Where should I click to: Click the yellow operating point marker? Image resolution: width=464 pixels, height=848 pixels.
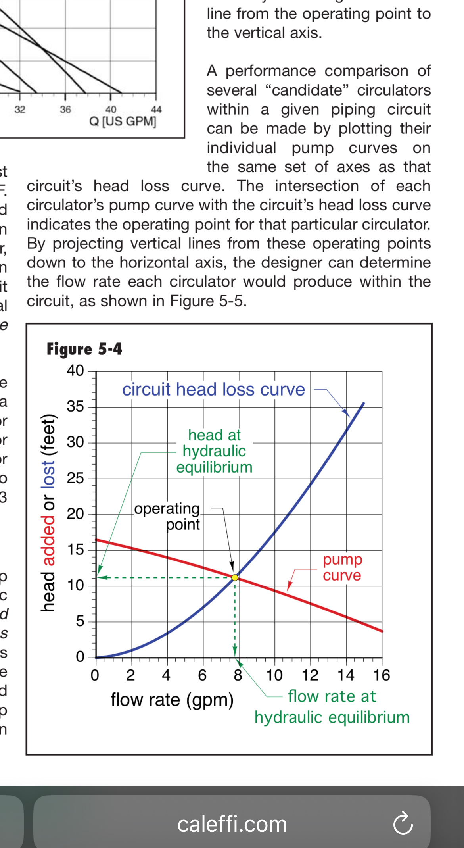tap(235, 577)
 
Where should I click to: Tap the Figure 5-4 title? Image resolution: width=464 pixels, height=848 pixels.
tap(84, 349)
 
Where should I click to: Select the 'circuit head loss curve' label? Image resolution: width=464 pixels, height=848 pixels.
tap(213, 390)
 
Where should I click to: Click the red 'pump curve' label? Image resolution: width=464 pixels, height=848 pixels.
tap(342, 567)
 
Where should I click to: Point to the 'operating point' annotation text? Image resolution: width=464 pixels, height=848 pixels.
tap(167, 516)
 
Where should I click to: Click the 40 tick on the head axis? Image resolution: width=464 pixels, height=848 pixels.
tap(75, 371)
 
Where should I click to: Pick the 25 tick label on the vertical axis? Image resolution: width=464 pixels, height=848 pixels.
tap(75, 478)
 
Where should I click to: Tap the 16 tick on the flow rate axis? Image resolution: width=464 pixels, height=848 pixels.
tap(382, 675)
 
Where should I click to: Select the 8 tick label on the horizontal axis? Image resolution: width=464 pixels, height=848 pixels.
tap(238, 675)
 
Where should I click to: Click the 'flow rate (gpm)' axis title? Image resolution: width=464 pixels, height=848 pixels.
tap(172, 700)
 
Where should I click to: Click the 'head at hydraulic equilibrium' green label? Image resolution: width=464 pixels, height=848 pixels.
tap(214, 451)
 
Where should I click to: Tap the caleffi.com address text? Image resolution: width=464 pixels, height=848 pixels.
tap(232, 824)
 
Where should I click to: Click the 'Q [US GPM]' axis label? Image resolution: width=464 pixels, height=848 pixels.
tap(123, 121)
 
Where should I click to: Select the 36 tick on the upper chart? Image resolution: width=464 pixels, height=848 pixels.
tap(65, 109)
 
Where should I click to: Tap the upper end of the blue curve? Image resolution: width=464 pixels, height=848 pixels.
tap(363, 404)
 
